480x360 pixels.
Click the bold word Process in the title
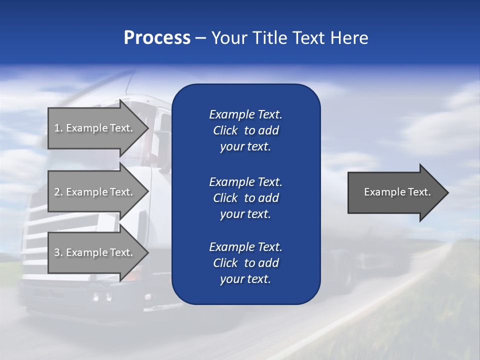(157, 38)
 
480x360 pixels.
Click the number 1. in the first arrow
(58, 128)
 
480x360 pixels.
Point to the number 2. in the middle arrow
(58, 192)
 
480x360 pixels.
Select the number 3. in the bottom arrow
(58, 252)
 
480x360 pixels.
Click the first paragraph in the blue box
(245, 130)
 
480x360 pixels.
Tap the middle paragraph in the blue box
(245, 198)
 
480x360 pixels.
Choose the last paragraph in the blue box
(245, 263)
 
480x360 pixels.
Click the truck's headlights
(101, 297)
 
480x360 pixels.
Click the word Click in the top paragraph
(225, 130)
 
